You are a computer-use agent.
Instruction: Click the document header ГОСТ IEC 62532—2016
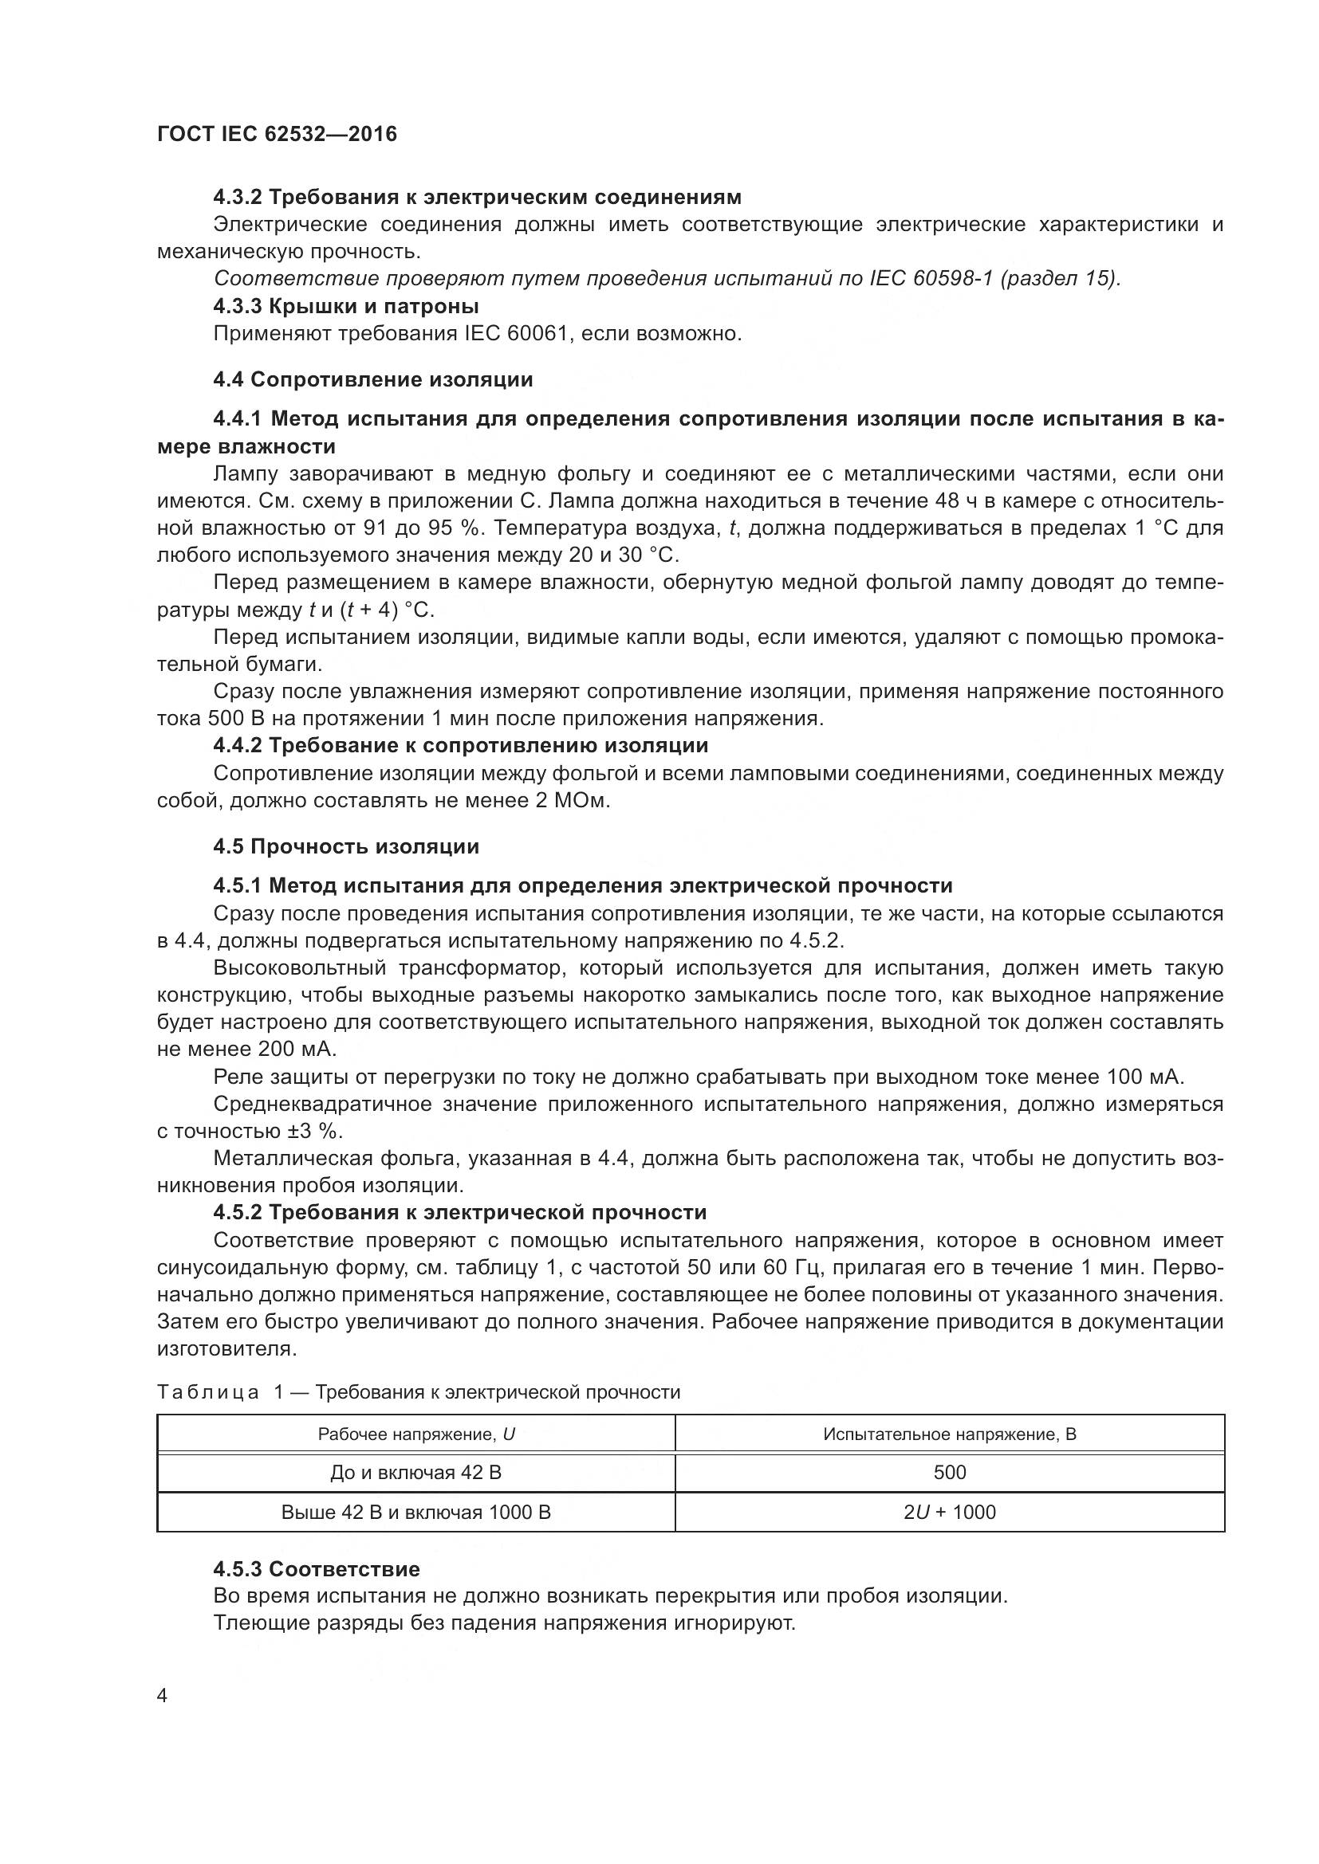click(277, 134)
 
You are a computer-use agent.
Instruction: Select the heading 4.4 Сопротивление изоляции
click(372, 379)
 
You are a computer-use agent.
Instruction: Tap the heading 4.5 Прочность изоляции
click(346, 846)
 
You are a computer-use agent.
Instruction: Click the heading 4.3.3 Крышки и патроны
click(346, 306)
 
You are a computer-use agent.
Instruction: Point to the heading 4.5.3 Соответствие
click(316, 1568)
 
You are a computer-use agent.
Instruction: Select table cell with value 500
click(950, 1472)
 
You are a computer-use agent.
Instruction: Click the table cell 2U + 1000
click(950, 1512)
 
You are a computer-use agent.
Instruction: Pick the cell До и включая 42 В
click(415, 1472)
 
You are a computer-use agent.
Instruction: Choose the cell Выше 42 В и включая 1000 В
click(415, 1512)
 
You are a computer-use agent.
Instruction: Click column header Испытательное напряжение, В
click(950, 1434)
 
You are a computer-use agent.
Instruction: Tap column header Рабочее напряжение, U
click(415, 1434)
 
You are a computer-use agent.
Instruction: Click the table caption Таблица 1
click(219, 1392)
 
